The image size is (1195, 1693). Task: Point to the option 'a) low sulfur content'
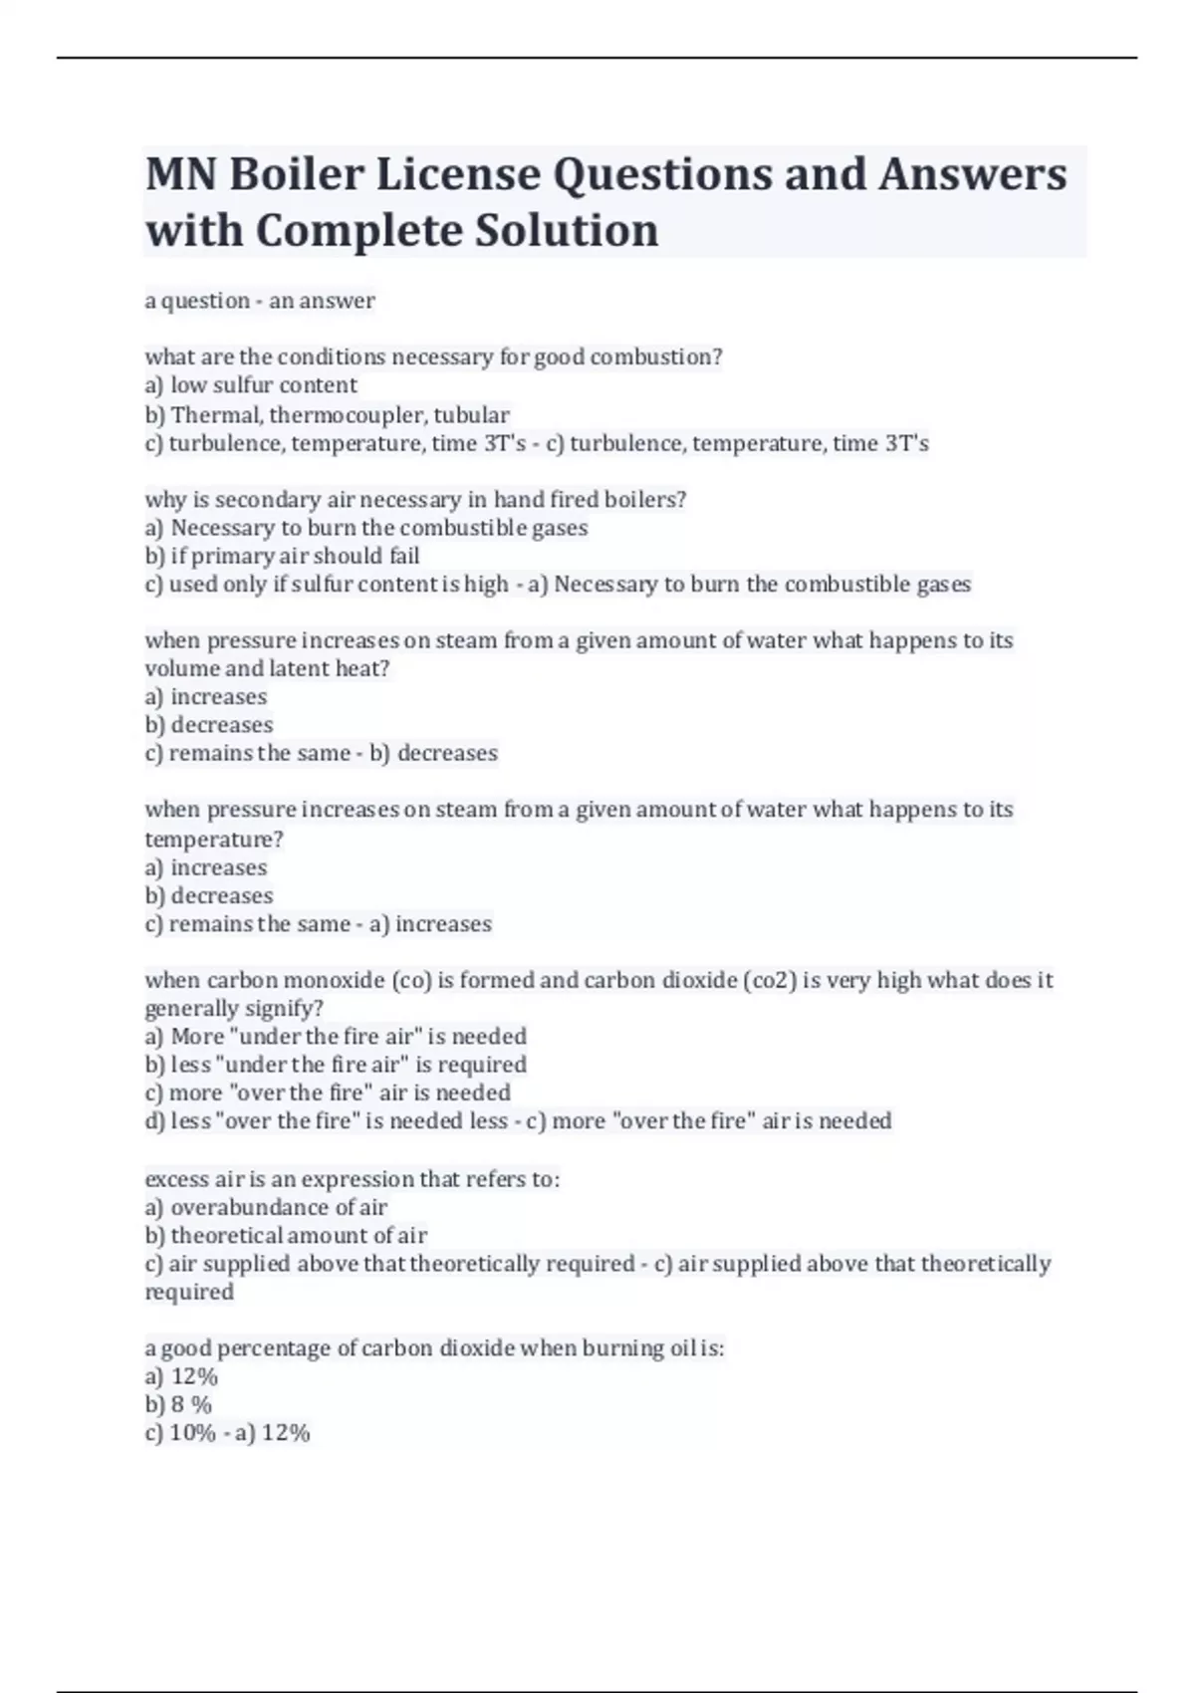(x=251, y=385)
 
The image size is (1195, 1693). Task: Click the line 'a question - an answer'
(x=260, y=301)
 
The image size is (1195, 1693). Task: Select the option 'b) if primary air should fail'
(x=282, y=556)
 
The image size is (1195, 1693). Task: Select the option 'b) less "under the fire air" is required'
(x=336, y=1065)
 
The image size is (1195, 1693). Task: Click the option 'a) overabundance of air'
(x=266, y=1208)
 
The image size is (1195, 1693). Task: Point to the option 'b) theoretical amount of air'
(x=286, y=1236)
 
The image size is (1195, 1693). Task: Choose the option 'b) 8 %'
(x=178, y=1405)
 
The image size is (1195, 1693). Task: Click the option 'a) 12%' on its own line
(x=181, y=1377)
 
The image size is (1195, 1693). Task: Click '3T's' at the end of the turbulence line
(x=906, y=443)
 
